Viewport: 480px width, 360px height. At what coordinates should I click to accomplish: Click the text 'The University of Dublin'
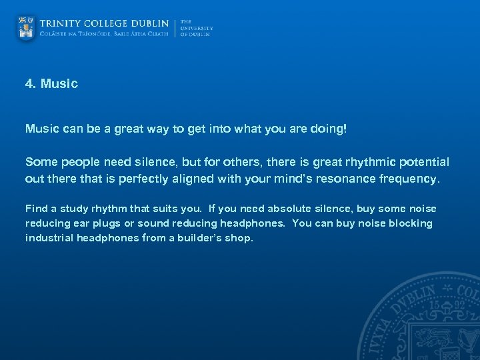[x=196, y=28]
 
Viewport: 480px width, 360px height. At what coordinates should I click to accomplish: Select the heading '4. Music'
[x=51, y=84]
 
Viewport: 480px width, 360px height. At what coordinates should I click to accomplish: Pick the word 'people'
[x=77, y=163]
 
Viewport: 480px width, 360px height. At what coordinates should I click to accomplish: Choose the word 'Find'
[x=36, y=209]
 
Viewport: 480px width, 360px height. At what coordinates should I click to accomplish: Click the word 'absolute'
[x=291, y=209]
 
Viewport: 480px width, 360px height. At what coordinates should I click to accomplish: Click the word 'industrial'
[x=48, y=238]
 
